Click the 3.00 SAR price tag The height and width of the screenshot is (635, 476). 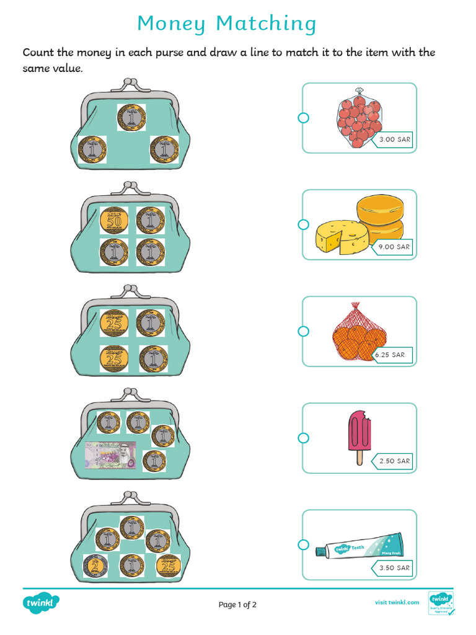394,140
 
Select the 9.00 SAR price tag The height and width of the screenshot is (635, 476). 394,247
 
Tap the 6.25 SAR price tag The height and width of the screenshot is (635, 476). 389,355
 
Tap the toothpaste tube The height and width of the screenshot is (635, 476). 359,545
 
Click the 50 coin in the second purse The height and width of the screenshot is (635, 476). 114,220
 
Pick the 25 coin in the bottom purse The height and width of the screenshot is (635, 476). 166,566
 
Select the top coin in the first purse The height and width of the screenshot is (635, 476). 131,117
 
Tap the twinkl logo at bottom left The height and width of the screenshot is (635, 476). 42,603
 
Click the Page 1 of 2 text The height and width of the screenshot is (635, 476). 237,605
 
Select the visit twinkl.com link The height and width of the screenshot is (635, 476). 397,602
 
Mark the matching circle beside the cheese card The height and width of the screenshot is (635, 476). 303,224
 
